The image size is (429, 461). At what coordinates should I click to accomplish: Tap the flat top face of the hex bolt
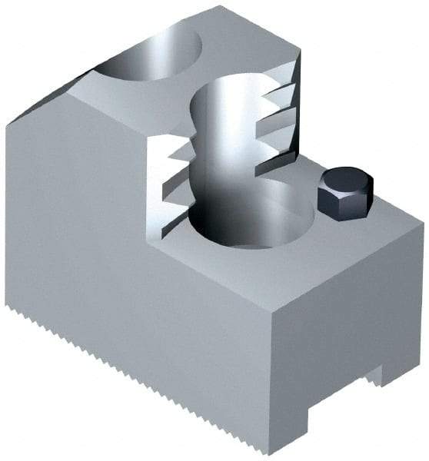coord(346,181)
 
